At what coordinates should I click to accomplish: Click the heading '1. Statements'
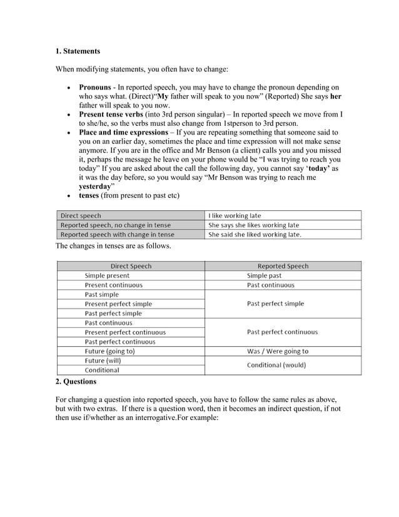(78, 51)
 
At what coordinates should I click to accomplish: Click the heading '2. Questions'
(76, 381)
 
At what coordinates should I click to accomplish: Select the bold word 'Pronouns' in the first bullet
(95, 88)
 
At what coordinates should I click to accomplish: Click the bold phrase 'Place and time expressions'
(123, 133)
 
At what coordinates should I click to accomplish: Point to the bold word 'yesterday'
(94, 187)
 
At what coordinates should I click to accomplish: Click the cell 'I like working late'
(235, 215)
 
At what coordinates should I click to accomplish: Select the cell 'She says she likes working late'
(253, 225)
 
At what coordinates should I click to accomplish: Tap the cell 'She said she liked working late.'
(255, 235)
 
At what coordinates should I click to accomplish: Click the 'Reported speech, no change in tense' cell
(115, 225)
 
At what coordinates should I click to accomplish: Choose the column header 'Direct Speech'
(131, 266)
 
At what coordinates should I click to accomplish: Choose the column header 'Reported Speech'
(283, 266)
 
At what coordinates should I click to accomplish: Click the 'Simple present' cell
(107, 275)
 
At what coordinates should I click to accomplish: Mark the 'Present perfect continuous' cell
(125, 332)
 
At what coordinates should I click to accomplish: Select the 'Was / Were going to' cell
(278, 351)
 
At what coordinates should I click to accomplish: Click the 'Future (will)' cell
(103, 361)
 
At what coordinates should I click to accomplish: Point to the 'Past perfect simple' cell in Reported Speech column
(275, 304)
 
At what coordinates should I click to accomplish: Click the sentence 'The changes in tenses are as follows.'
(113, 246)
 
